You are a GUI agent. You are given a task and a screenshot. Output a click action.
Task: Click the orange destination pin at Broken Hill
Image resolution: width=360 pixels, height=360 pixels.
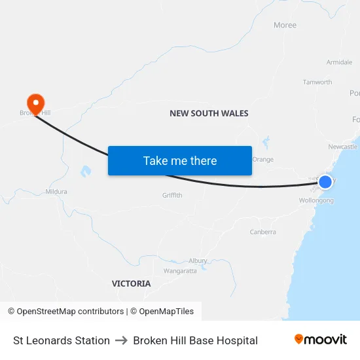(x=35, y=103)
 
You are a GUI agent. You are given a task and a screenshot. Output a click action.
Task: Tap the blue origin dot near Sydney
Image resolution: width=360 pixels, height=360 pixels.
(x=325, y=181)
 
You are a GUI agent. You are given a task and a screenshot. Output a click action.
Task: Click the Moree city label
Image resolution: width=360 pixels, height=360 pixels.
(x=285, y=26)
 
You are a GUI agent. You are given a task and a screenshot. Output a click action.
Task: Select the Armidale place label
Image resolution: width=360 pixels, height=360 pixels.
(x=339, y=62)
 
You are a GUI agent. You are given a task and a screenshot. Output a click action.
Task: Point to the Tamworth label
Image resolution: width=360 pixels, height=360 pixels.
(x=317, y=82)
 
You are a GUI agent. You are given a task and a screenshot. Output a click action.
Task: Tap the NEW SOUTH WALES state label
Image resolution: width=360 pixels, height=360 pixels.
(x=209, y=113)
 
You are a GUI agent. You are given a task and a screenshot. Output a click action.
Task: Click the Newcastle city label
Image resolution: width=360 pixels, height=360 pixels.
(x=342, y=147)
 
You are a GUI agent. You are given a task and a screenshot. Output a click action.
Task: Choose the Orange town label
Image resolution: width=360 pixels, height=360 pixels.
(x=262, y=159)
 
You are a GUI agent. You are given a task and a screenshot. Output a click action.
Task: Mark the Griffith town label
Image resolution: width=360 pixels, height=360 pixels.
(x=173, y=195)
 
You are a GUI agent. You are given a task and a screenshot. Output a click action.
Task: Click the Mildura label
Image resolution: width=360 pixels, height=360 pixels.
(x=56, y=192)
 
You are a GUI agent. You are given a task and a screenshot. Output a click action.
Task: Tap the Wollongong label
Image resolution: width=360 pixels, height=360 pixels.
(x=315, y=200)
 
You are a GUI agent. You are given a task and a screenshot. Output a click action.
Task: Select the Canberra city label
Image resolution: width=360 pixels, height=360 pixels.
(x=262, y=232)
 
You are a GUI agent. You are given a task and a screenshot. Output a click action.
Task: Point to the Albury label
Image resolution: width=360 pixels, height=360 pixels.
(x=198, y=261)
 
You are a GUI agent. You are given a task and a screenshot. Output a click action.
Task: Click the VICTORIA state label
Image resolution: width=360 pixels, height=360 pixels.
(x=131, y=283)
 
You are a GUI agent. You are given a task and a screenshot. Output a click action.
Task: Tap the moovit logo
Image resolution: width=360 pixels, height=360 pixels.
(x=321, y=340)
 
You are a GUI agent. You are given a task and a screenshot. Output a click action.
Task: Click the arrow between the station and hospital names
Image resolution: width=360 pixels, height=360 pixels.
(x=122, y=340)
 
